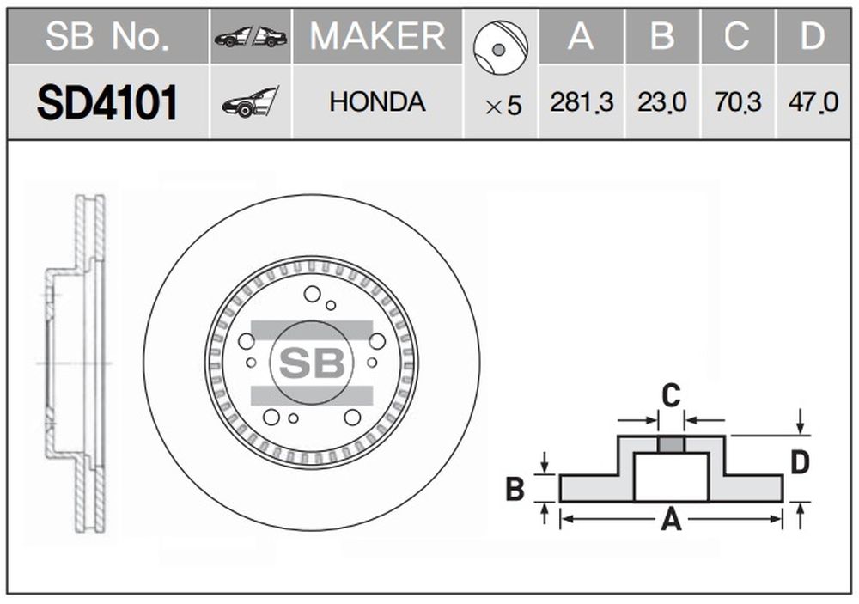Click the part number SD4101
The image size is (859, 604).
[107, 102]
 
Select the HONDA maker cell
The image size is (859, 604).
[377, 102]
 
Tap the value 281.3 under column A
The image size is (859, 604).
[582, 102]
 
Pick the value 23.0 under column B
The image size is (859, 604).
[661, 102]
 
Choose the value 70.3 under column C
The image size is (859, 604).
[737, 102]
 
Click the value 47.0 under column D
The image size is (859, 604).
[813, 102]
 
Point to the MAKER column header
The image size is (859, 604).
[377, 36]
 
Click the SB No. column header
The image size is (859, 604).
[107, 36]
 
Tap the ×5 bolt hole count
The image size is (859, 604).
[503, 106]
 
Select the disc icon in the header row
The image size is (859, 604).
[501, 48]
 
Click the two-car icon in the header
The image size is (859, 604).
[251, 37]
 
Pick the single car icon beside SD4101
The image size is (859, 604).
[250, 102]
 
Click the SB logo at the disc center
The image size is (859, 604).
[312, 363]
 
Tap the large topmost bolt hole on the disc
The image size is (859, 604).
[313, 294]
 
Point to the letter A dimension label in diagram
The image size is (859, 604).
[671, 519]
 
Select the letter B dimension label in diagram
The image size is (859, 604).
[515, 489]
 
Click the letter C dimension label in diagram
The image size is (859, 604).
[671, 395]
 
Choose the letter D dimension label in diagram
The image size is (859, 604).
[801, 462]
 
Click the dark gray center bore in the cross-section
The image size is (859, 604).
[671, 444]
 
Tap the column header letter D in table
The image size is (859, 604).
[813, 36]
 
